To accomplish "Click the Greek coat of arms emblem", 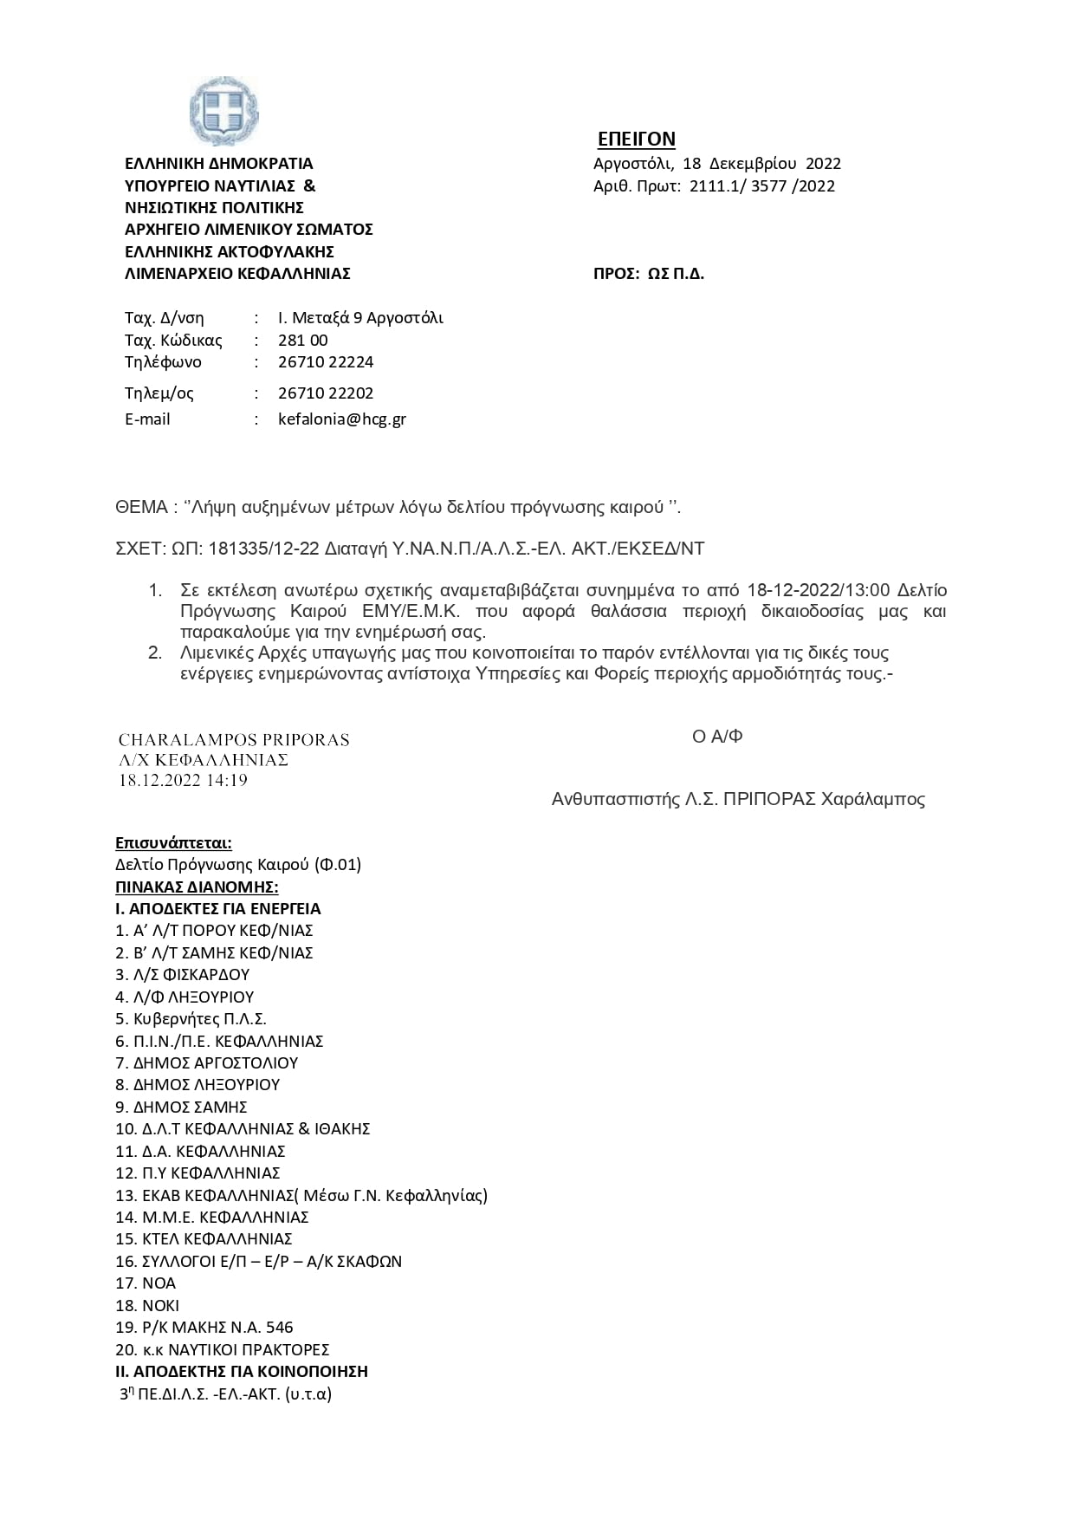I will coord(223,111).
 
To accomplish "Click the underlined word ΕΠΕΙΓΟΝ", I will coord(637,140).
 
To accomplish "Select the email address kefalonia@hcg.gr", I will coord(341,419).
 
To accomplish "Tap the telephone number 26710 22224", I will coord(326,362).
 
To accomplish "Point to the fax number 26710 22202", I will coord(326,393).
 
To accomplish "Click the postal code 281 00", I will coord(302,341).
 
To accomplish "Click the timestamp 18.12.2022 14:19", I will coord(183,781).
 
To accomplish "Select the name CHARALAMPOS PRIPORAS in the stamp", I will coord(234,740).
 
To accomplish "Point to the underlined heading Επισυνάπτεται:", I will coord(173,843).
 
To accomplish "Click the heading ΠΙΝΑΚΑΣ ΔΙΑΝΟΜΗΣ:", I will coord(197,887).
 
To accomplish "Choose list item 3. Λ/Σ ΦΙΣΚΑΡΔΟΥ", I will coord(182,975).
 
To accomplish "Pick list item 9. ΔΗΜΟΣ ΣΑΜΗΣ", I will coord(181,1108).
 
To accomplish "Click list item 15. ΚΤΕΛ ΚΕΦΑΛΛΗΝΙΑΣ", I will coord(204,1239).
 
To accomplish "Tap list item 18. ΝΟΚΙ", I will coord(147,1306).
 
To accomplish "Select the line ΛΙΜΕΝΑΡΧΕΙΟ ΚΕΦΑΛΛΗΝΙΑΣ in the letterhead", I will coord(237,274).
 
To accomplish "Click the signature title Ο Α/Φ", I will coord(717,737).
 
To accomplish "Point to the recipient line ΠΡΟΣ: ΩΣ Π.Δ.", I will coord(648,274).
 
